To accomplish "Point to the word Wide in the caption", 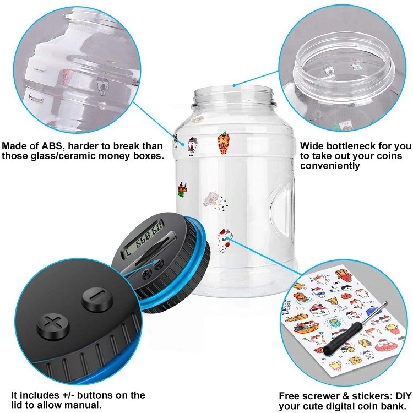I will point(313,146).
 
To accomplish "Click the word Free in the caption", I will point(291,395).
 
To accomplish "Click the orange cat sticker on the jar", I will point(222,142).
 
